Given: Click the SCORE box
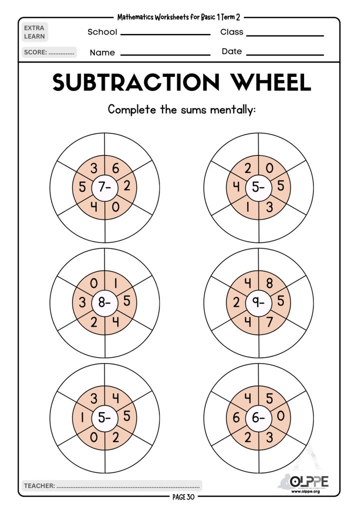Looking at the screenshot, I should click(x=49, y=52).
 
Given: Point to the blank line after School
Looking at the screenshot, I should click(x=165, y=34).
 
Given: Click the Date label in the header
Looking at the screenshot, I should click(x=231, y=51).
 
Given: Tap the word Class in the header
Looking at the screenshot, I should click(x=232, y=32).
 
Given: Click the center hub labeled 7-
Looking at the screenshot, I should click(x=105, y=188).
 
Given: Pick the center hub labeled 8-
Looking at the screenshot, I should click(x=105, y=302).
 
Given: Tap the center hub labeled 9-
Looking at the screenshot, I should click(x=258, y=302).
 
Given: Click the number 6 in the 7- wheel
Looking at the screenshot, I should click(x=116, y=169).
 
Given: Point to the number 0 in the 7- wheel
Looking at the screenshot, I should click(x=116, y=206).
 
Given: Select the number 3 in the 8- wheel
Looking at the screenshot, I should click(x=82, y=302).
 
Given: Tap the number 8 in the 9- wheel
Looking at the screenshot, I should click(x=270, y=283).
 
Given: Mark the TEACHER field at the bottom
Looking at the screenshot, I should click(x=112, y=485).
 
